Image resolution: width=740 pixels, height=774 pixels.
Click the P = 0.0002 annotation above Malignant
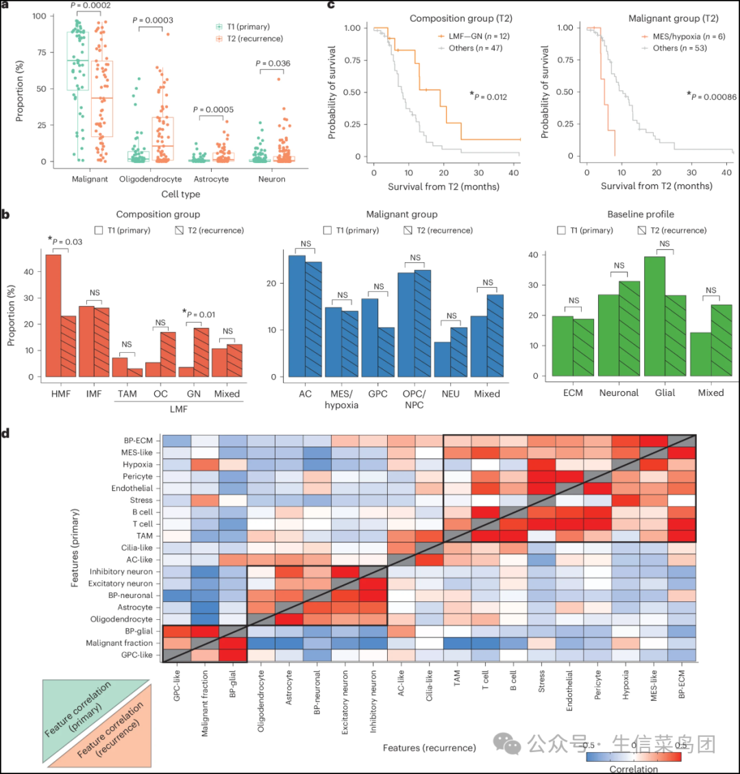(90, 5)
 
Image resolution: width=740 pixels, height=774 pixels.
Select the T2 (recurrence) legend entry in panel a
(249, 38)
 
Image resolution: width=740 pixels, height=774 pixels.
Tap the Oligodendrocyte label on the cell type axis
(151, 179)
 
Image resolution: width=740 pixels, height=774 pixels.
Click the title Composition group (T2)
(461, 18)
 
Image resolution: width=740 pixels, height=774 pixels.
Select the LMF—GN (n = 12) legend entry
(474, 36)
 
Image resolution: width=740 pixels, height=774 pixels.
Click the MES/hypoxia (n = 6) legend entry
(684, 36)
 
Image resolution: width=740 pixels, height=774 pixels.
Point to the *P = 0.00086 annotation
(712, 97)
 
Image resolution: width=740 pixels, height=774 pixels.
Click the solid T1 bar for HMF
(53, 316)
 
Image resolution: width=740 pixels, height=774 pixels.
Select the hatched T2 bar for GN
(201, 353)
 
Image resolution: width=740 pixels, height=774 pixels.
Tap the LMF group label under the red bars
(179, 409)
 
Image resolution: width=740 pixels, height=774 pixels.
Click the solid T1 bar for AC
(297, 316)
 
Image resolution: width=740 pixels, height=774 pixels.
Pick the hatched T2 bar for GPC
(386, 353)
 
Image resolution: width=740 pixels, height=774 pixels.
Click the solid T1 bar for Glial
(654, 316)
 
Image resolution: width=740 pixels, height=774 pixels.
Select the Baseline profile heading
(641, 214)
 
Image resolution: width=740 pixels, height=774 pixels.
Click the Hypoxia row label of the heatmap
(138, 464)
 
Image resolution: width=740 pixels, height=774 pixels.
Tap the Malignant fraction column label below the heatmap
(205, 703)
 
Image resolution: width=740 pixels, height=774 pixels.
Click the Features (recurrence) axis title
(430, 748)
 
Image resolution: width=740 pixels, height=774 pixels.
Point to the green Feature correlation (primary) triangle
(79, 706)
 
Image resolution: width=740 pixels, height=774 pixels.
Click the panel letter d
(5, 433)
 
